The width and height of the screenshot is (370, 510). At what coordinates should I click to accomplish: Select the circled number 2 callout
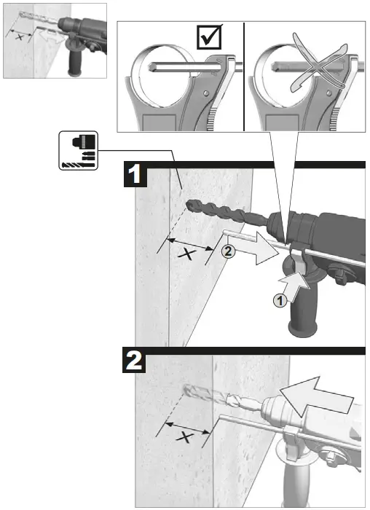(227, 253)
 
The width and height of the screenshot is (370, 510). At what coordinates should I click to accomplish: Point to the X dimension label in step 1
(189, 254)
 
